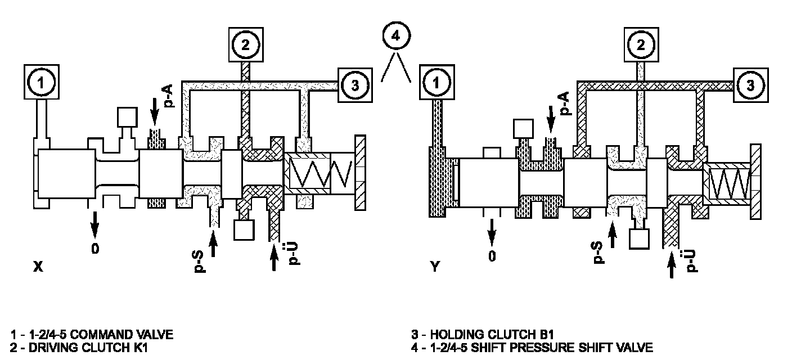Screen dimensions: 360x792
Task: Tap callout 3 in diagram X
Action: point(354,85)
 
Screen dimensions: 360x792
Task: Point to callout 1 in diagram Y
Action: point(435,83)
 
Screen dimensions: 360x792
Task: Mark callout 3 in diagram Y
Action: point(750,85)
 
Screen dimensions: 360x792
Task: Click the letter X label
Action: point(38,268)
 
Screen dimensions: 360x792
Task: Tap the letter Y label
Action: point(434,268)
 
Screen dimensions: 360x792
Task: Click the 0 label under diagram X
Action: point(95,248)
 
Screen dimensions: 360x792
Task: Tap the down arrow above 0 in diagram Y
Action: point(492,230)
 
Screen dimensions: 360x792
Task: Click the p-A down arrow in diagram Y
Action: point(550,117)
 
